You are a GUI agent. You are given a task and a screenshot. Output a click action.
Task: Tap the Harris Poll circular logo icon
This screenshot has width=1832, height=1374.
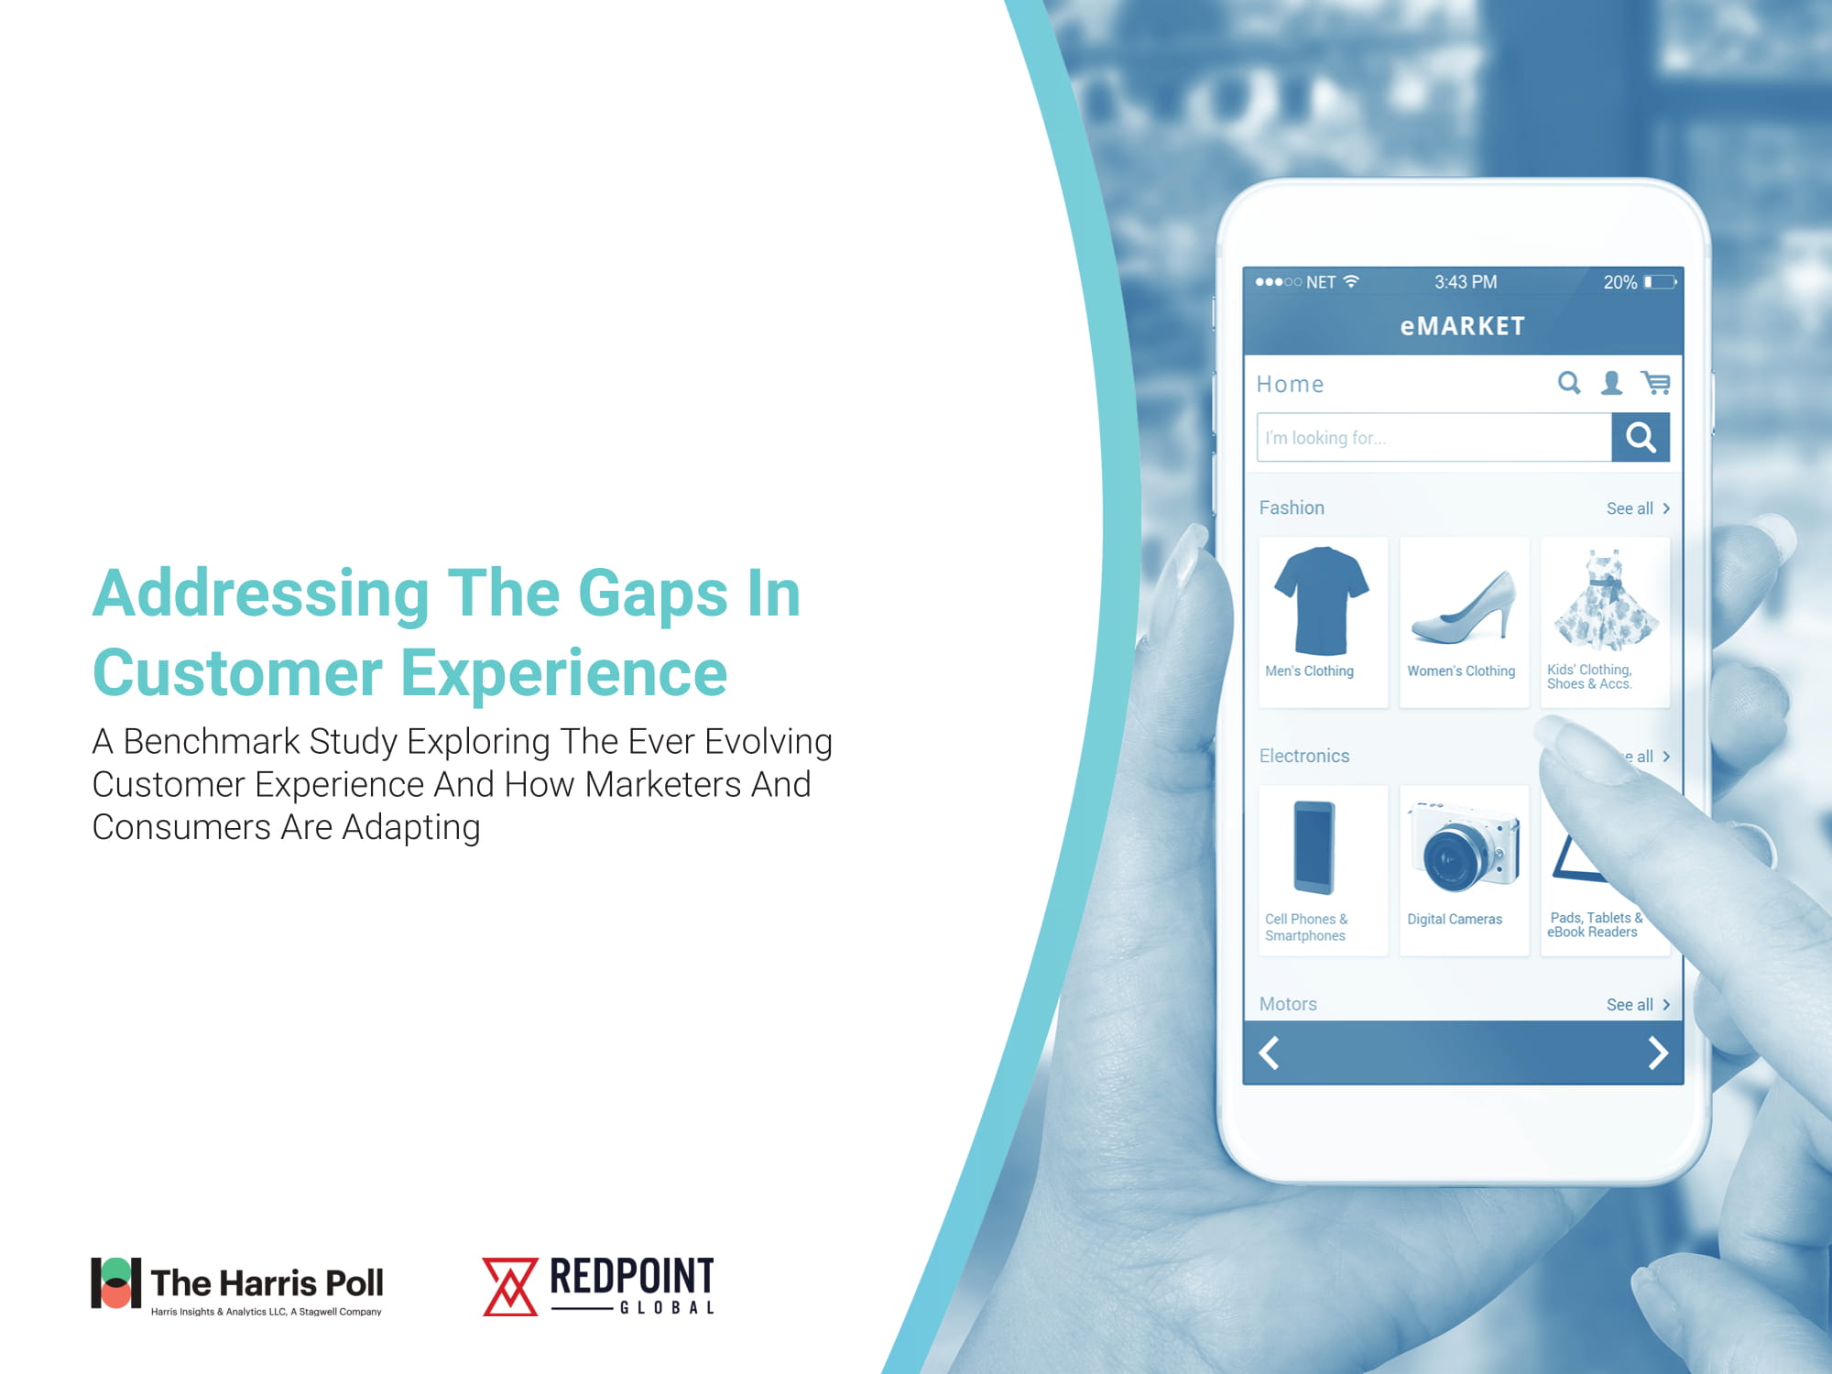(x=116, y=1282)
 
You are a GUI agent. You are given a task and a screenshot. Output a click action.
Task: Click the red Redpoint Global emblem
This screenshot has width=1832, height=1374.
(x=510, y=1286)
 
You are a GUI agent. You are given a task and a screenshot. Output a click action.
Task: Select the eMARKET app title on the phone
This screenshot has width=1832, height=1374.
(x=1463, y=326)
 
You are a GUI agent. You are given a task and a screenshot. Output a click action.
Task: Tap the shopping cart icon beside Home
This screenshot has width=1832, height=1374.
(x=1656, y=383)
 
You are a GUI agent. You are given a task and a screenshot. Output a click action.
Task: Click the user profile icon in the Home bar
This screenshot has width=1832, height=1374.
(x=1611, y=383)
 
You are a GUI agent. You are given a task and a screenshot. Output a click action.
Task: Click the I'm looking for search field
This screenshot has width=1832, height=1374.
(x=1434, y=438)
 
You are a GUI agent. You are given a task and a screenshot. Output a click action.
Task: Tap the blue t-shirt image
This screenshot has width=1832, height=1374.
(x=1322, y=600)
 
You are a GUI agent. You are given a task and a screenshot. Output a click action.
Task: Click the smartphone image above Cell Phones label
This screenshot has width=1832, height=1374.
(x=1314, y=847)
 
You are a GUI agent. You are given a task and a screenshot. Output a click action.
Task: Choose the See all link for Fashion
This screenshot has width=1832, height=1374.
(x=1638, y=508)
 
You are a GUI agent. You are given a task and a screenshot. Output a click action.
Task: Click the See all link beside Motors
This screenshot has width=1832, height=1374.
(x=1638, y=1005)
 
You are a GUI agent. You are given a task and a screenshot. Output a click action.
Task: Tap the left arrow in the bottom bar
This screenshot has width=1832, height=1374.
(x=1270, y=1053)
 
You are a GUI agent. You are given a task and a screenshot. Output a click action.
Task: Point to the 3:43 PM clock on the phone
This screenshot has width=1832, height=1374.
(x=1466, y=282)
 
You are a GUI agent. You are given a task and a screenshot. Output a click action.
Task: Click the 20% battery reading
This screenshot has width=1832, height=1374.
(x=1619, y=282)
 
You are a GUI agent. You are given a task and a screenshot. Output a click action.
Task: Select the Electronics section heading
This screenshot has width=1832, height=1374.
(x=1304, y=756)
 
